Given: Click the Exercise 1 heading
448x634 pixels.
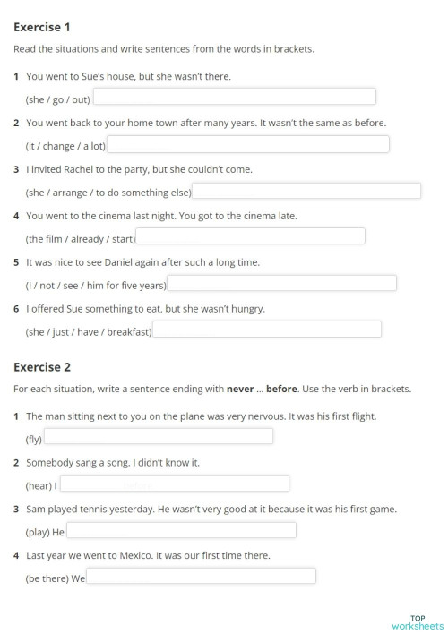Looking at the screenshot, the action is [x=42, y=28].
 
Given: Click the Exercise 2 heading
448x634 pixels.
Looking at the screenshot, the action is [x=42, y=367].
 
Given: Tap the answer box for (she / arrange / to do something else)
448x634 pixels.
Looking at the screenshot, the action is [x=306, y=191].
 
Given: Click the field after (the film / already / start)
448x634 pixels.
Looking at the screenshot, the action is [x=250, y=237].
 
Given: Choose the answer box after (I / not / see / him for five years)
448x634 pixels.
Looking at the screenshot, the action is [x=281, y=284].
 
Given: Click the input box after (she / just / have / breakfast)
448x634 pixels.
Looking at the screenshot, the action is [x=267, y=330].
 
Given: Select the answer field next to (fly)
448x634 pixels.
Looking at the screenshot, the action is [x=159, y=437].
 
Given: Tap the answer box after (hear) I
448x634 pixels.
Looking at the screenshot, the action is [x=174, y=484].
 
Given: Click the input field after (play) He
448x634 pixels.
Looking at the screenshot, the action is [x=181, y=531].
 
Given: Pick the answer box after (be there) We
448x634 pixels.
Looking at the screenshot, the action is [x=201, y=577].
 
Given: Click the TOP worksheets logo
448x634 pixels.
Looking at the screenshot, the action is [x=418, y=622].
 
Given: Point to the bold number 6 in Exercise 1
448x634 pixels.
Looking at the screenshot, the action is [x=17, y=309].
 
